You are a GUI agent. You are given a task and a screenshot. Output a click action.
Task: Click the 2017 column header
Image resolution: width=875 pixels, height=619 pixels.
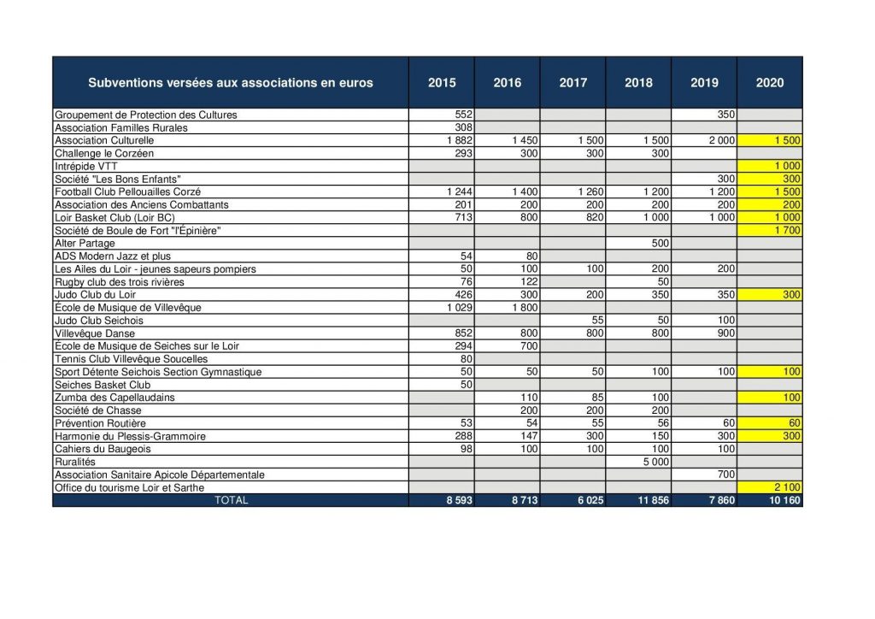[x=573, y=83]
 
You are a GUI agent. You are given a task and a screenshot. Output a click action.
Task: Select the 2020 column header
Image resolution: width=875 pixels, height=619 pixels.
[x=770, y=83]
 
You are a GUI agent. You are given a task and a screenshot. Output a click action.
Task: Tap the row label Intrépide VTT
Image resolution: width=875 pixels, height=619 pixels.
[x=86, y=167]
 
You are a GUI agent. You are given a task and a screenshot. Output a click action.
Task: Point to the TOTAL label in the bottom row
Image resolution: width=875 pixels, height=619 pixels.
[x=231, y=500]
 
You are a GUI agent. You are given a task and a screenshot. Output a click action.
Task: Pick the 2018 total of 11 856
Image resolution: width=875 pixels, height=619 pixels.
[x=653, y=500]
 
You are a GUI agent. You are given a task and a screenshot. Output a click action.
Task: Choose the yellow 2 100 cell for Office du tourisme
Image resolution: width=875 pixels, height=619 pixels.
[x=787, y=487]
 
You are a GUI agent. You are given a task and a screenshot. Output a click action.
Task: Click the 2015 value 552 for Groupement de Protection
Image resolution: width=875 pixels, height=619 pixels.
[x=464, y=115]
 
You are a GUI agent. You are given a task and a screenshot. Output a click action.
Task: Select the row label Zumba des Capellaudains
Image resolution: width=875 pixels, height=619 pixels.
[x=115, y=398]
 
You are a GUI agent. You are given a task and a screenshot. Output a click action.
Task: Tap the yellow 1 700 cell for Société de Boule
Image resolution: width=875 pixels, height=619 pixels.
[x=787, y=230]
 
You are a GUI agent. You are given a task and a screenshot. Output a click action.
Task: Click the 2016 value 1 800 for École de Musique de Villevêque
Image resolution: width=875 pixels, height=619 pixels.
[x=525, y=308]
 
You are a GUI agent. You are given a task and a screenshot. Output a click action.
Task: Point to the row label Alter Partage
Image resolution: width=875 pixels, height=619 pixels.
[x=85, y=244]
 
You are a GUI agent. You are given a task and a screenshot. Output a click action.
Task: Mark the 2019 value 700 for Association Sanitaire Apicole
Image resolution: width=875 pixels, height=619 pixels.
[x=726, y=475]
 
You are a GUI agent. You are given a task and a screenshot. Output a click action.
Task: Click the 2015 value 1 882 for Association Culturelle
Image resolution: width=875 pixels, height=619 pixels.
[x=459, y=140]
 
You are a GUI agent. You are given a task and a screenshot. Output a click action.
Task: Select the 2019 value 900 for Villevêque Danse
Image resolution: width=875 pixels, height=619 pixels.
[x=726, y=333]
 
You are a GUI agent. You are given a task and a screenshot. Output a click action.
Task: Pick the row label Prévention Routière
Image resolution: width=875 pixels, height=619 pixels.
[x=100, y=423]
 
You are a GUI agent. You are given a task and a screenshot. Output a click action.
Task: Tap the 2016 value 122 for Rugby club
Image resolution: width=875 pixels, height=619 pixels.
[x=529, y=282]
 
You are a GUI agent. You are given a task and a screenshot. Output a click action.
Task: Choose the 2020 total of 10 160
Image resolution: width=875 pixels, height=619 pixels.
[x=784, y=500]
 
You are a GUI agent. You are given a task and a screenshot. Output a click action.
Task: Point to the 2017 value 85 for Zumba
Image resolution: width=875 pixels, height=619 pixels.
[x=597, y=398]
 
